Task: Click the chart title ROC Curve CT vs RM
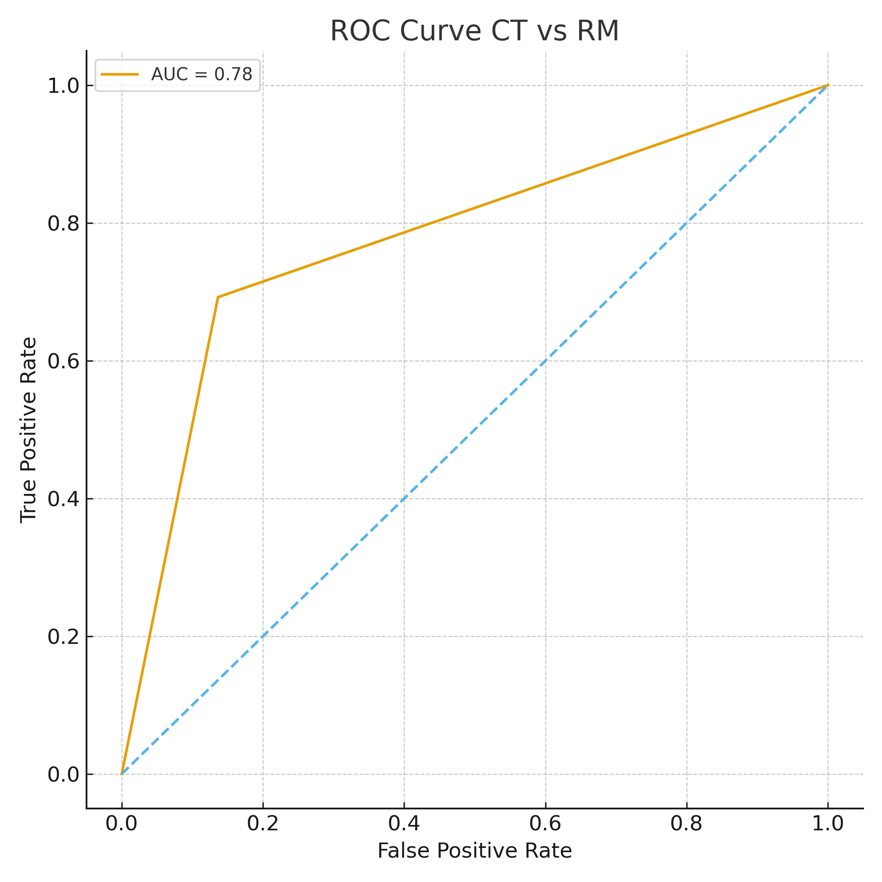point(474,31)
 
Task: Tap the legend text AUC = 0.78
point(201,74)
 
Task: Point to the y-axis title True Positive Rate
point(29,430)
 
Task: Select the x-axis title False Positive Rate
point(474,851)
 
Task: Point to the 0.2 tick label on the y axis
point(63,637)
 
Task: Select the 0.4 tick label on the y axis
point(63,499)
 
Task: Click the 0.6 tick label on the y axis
point(63,361)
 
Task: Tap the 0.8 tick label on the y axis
point(63,224)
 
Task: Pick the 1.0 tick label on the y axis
point(63,86)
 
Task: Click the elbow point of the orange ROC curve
point(218,297)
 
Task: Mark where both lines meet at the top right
point(828,85)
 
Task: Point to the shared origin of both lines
point(121,774)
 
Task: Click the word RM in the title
point(598,31)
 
